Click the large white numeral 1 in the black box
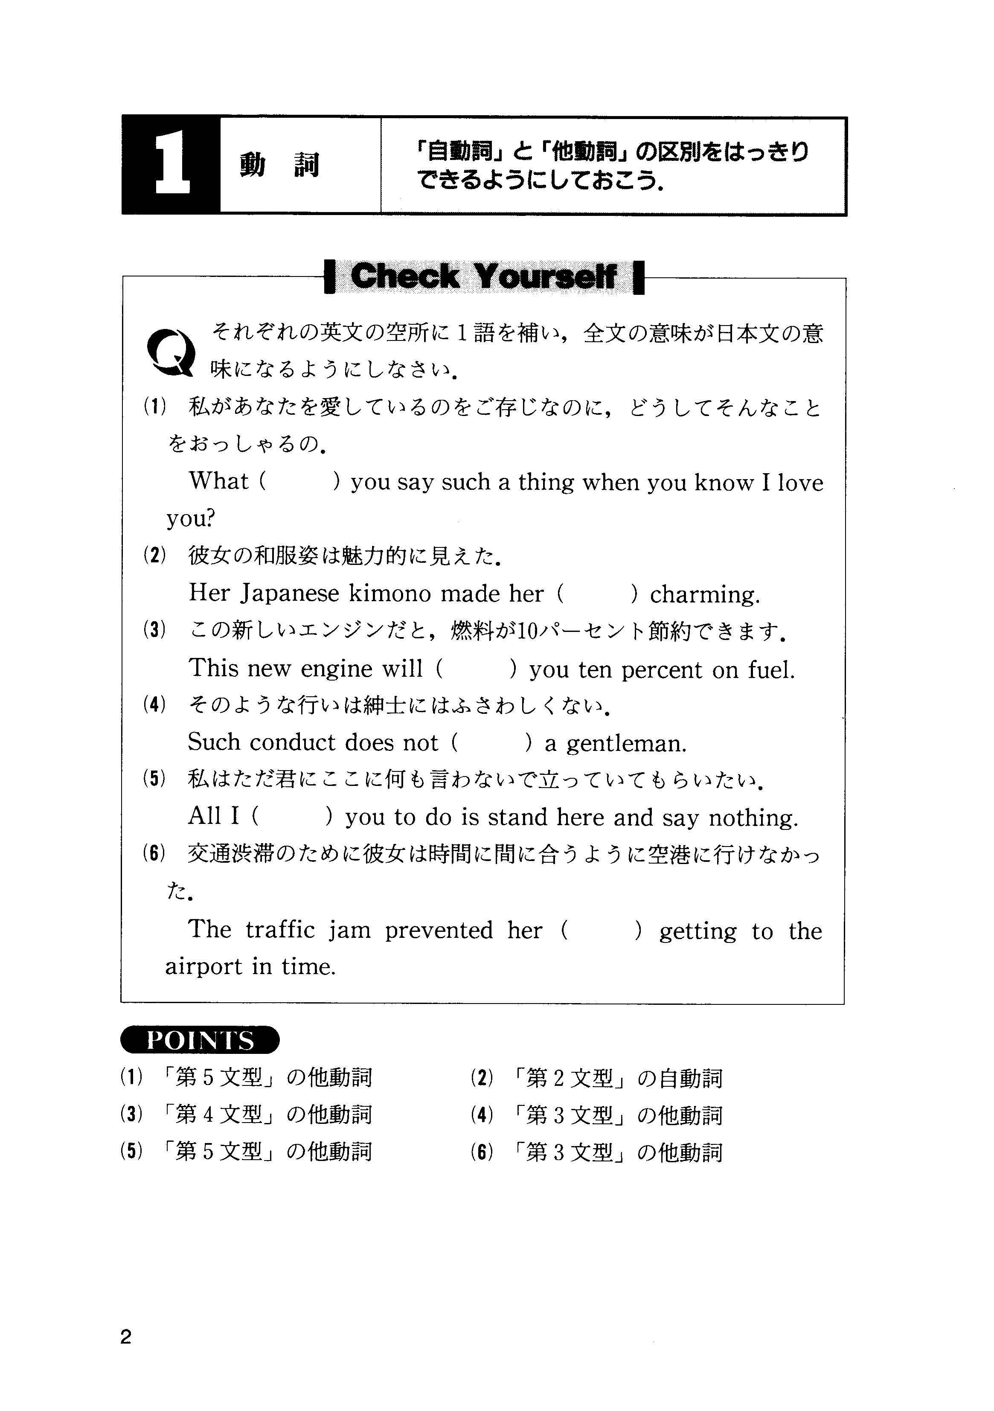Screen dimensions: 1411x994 (171, 165)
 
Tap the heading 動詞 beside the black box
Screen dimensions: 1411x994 (279, 165)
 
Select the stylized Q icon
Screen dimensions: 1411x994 (171, 352)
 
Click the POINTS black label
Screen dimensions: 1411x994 (200, 1040)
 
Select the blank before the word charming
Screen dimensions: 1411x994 (598, 593)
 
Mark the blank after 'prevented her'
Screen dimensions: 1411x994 (602, 931)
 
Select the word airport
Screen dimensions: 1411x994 (204, 967)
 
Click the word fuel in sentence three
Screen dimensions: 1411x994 (770, 669)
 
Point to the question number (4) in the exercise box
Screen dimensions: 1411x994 (154, 705)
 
